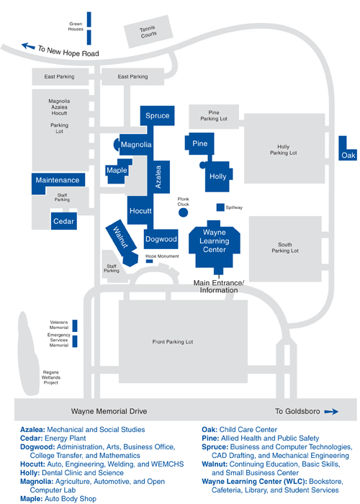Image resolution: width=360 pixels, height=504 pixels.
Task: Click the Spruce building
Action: click(157, 116)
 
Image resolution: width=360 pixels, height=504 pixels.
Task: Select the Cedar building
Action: click(63, 221)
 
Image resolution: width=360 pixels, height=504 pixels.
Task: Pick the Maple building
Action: click(117, 171)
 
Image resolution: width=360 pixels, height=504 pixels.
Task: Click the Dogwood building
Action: click(161, 239)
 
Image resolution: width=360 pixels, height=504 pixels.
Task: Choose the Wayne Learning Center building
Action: click(214, 244)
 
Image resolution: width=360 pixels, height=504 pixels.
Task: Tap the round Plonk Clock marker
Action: click(183, 212)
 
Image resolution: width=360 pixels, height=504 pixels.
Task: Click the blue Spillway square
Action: click(220, 207)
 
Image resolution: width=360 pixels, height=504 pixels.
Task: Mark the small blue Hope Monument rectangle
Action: click(150, 261)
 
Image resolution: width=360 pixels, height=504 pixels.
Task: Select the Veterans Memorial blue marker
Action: click(75, 325)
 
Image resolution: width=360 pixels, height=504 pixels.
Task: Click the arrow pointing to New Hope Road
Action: click(28, 46)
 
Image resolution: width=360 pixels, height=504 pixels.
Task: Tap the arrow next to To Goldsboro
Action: click(331, 411)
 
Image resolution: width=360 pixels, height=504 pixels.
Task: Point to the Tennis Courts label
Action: click(148, 32)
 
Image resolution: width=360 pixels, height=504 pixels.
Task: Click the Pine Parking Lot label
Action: click(214, 116)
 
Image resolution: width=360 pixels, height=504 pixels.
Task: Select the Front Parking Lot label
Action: click(173, 342)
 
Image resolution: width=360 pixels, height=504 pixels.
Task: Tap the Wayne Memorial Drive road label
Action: click(109, 411)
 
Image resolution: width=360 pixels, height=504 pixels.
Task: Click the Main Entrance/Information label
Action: click(219, 287)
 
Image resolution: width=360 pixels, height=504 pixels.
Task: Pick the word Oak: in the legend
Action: click(210, 429)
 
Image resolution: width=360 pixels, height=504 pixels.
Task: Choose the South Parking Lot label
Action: click(285, 248)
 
